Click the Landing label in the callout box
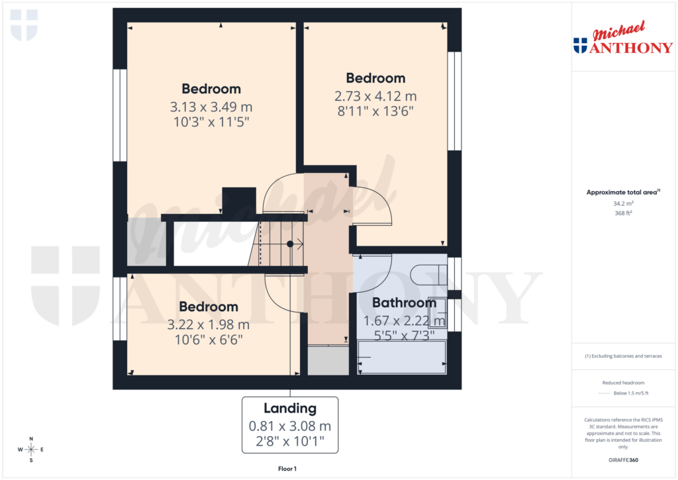pos(290,408)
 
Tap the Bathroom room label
pos(404,303)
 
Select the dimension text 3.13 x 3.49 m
pos(211,107)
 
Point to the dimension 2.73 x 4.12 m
pos(375,96)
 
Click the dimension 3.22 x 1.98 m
pos(209,325)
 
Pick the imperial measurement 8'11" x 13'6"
pos(375,111)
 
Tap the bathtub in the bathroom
pos(402,358)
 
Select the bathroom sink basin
pos(438,312)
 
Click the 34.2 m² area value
pos(622,204)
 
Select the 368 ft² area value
pos(622,213)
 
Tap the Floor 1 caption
pos(287,469)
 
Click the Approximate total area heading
pos(622,193)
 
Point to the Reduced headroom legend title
pos(623,383)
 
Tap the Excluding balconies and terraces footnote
pos(623,356)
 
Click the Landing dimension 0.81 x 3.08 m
pos(290,426)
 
